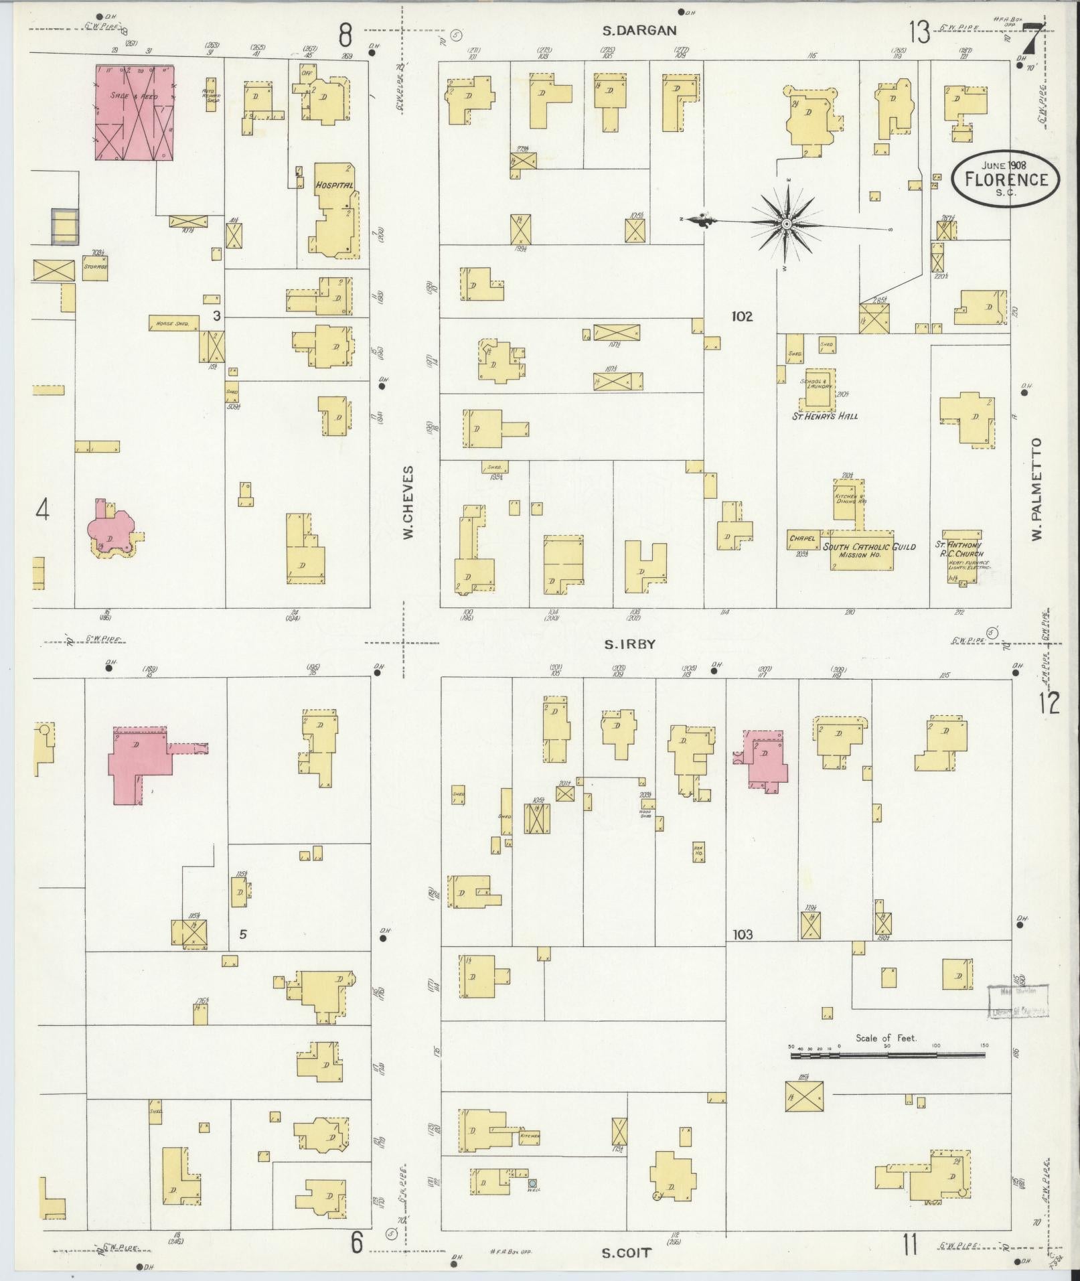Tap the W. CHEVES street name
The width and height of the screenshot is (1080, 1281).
point(410,503)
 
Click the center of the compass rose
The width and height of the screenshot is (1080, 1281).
point(787,223)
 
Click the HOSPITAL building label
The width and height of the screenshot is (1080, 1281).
point(333,185)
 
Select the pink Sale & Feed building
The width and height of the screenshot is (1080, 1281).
point(135,112)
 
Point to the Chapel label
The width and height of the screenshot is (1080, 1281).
point(801,537)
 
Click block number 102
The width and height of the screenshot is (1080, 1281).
point(742,316)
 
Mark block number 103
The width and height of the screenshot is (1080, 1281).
point(743,934)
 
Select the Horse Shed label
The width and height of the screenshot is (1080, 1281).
point(173,323)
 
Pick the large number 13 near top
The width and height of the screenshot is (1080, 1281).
point(919,32)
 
